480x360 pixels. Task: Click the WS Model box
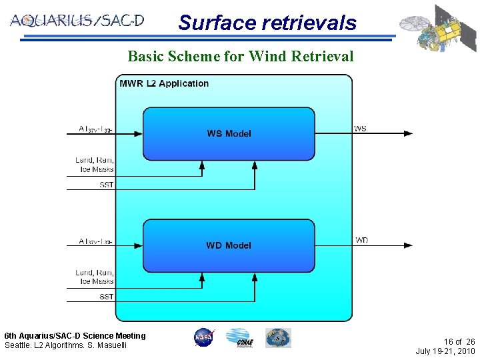coord(229,133)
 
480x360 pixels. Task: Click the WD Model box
coord(229,245)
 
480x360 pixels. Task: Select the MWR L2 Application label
coord(164,83)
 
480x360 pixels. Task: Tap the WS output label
coord(360,128)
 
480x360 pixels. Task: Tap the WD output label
coord(361,240)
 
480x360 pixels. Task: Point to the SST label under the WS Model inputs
coord(106,185)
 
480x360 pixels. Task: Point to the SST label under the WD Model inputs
coord(106,297)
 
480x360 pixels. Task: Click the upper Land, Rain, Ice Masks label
coord(95,165)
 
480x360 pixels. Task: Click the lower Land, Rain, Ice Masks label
coord(95,277)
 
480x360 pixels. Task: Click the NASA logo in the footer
coord(204,337)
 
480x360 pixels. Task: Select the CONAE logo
coord(238,338)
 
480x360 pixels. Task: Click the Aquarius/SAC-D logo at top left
coord(77,20)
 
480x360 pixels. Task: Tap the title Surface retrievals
coord(267,23)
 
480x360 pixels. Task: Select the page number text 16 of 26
coord(455,341)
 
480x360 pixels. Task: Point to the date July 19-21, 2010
coord(445,351)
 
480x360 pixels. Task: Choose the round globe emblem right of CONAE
coord(278,337)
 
